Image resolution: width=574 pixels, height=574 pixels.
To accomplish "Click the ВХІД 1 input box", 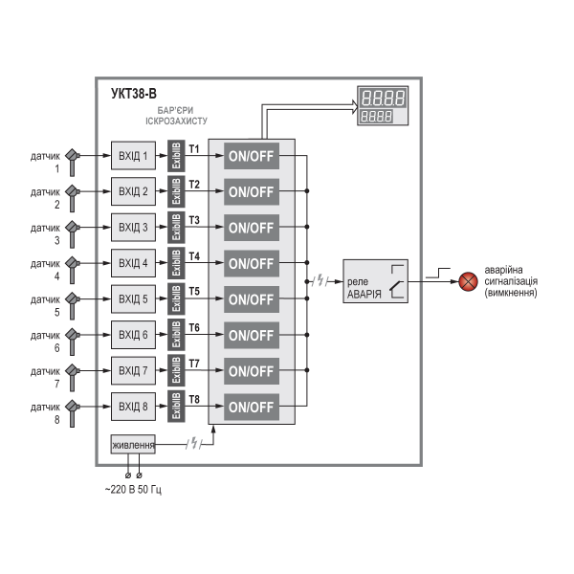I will tap(132, 155).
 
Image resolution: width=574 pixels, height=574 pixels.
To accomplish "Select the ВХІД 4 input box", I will tap(132, 263).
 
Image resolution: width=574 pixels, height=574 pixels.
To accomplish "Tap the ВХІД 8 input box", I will tap(132, 407).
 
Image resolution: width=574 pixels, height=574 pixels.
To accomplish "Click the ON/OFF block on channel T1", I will tap(251, 155).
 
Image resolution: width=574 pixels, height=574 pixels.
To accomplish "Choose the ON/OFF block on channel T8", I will tap(251, 407).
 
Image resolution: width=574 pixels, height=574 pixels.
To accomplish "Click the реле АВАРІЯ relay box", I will tap(376, 281).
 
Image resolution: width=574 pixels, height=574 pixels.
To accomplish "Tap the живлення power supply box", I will tap(133, 445).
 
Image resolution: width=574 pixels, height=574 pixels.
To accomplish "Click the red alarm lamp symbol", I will tap(469, 281).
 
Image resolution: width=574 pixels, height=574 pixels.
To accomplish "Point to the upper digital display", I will tap(383, 98).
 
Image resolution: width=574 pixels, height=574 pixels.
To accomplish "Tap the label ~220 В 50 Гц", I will tap(133, 490).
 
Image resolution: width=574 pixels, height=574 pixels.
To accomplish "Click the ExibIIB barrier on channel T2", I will tap(176, 191).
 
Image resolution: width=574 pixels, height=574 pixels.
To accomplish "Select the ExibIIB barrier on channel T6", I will tap(176, 335).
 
